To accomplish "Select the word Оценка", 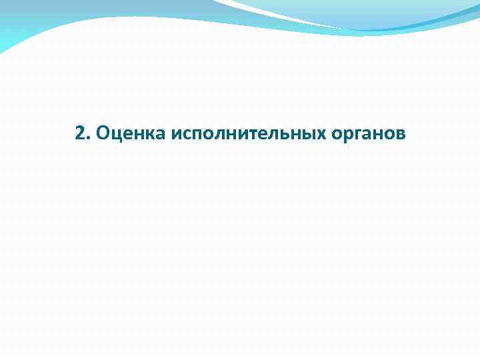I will pyautogui.click(x=131, y=134).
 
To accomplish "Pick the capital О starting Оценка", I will pyautogui.click(x=103, y=134).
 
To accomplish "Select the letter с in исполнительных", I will pyautogui.click(x=187, y=135).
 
